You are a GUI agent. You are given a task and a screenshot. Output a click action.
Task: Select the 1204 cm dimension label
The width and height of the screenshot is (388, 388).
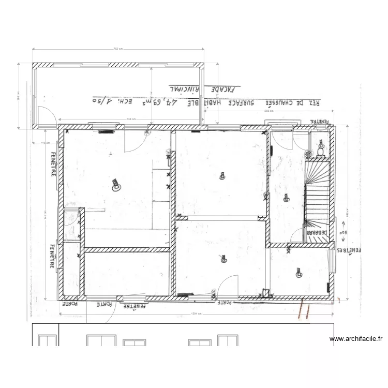[196, 314]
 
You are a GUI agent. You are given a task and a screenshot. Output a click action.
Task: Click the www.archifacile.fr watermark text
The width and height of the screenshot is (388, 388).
[356, 339]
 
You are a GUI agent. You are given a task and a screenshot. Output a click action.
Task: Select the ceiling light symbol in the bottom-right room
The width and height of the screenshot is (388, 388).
[299, 272]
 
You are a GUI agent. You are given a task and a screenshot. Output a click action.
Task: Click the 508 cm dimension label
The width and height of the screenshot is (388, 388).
[268, 111]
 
